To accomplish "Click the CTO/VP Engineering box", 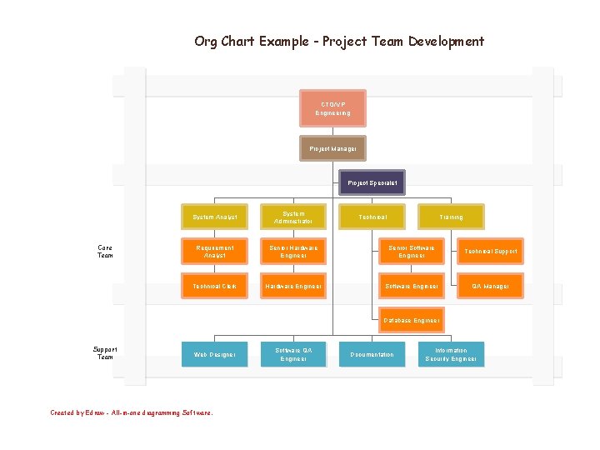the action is [332, 108].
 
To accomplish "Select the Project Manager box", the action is [332, 149].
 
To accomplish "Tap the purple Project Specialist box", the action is [372, 182].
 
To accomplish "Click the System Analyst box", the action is [214, 217].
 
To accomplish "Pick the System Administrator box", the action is [293, 217].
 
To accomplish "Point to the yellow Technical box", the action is [372, 217].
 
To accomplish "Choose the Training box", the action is [451, 217].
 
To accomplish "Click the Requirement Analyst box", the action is [214, 252].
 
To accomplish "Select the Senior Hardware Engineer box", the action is [293, 252].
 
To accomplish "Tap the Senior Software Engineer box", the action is [412, 252].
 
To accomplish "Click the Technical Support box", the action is [491, 252].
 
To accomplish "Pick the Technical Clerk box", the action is [214, 286].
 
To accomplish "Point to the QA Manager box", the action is [491, 286].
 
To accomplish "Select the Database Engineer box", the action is [412, 320].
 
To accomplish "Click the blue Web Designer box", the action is [214, 355].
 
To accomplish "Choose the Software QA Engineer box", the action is [293, 355].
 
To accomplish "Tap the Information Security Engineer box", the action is [451, 355].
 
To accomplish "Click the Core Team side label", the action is [105, 252].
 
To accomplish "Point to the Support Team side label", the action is [105, 353].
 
